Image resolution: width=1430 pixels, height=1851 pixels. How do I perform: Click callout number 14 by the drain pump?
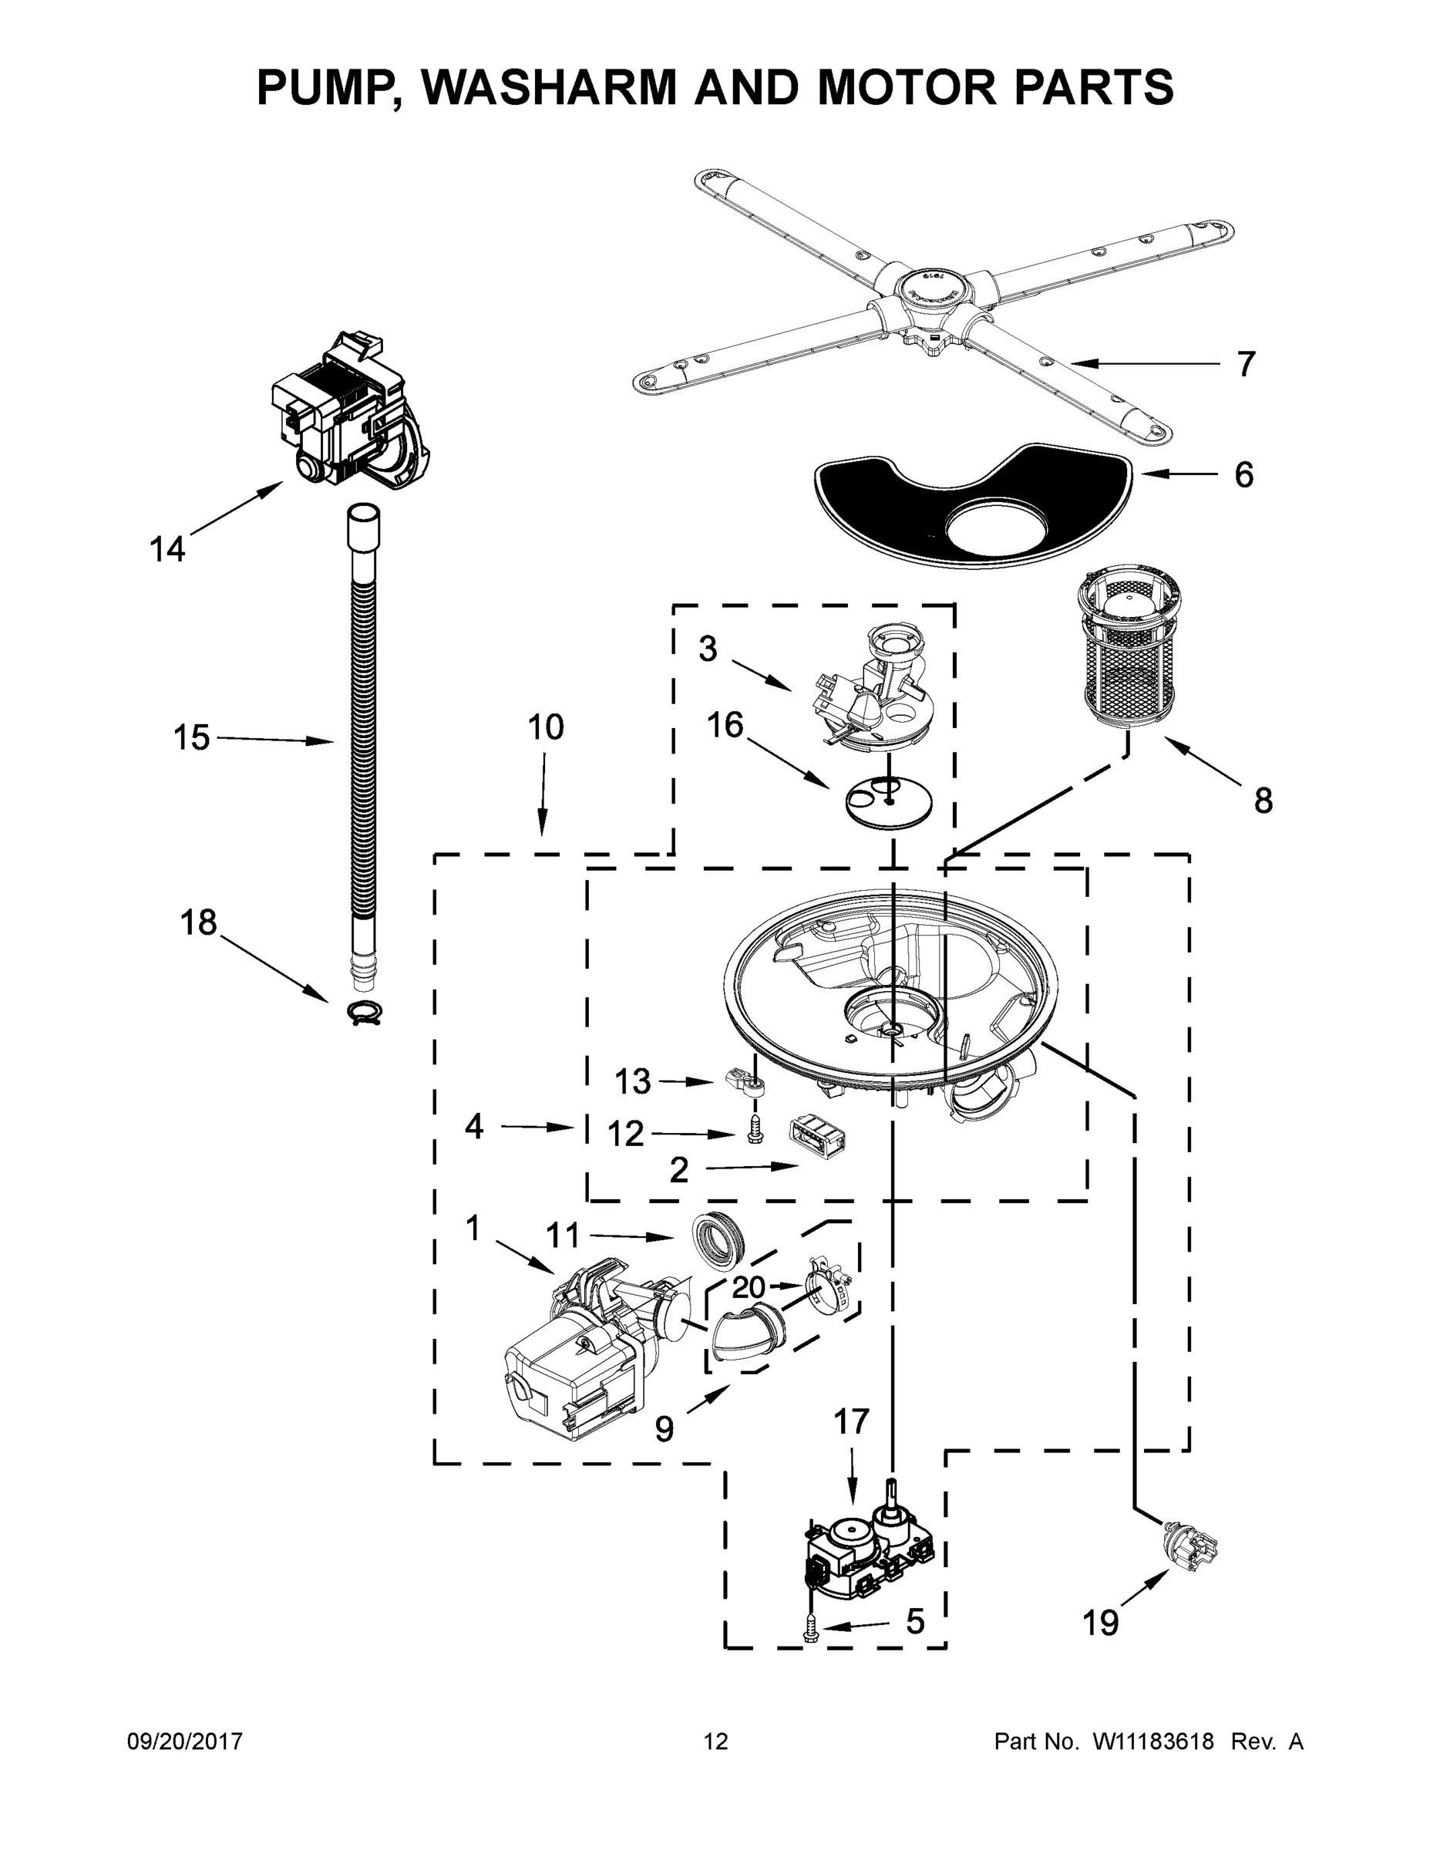[167, 549]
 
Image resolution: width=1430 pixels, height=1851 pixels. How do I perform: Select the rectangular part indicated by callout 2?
[819, 1135]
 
